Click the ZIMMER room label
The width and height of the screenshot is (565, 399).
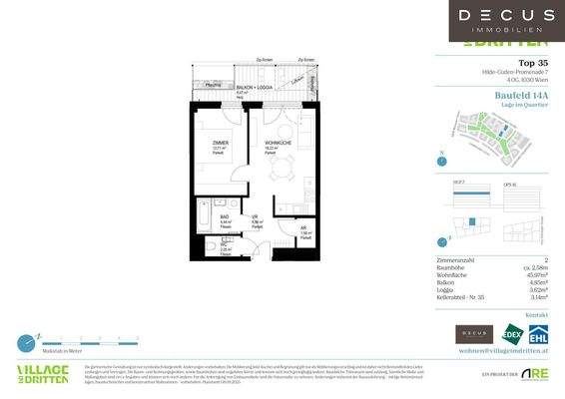[220, 144]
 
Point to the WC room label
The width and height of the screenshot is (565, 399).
[224, 244]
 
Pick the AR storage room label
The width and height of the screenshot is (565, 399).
[303, 227]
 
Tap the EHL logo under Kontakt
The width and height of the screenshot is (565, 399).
[538, 334]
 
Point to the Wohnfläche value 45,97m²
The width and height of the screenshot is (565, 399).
[534, 275]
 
